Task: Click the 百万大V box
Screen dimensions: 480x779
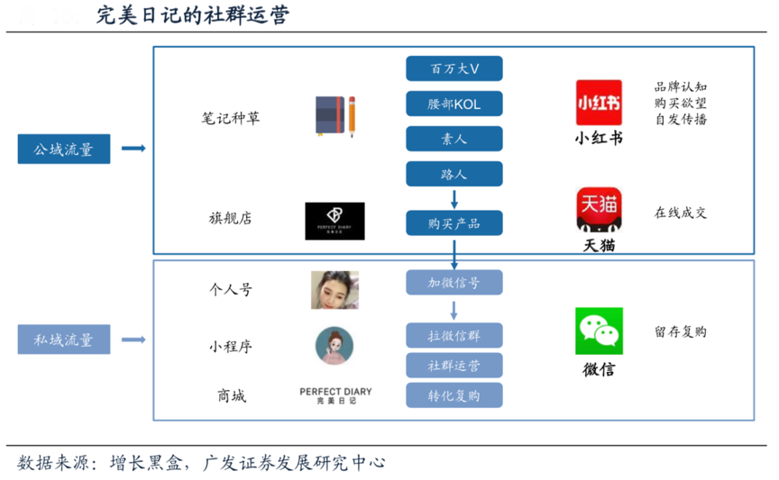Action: point(454,68)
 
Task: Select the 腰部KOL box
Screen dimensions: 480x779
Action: point(454,104)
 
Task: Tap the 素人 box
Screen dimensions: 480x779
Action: point(454,139)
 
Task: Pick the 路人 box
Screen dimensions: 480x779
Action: point(454,174)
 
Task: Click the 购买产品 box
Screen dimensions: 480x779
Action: point(454,222)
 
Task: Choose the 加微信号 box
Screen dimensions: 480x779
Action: point(454,283)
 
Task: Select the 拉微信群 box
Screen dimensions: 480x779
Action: point(454,336)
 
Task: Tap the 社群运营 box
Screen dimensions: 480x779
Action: point(454,365)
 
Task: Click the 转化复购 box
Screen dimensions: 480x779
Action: point(454,394)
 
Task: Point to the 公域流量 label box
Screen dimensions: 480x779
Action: point(64,149)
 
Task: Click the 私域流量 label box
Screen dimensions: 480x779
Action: point(64,340)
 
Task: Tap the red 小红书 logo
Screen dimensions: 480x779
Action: point(599,103)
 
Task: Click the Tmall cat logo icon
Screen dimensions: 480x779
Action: point(599,210)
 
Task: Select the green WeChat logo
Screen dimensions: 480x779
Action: point(599,331)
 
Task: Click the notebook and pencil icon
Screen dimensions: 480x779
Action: point(335,115)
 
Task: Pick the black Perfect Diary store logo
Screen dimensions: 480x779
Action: point(335,221)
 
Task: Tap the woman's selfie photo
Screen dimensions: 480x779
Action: point(335,290)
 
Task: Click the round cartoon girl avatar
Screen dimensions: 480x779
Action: point(335,346)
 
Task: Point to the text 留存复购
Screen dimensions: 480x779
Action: point(681,331)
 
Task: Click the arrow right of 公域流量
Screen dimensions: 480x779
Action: point(133,149)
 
